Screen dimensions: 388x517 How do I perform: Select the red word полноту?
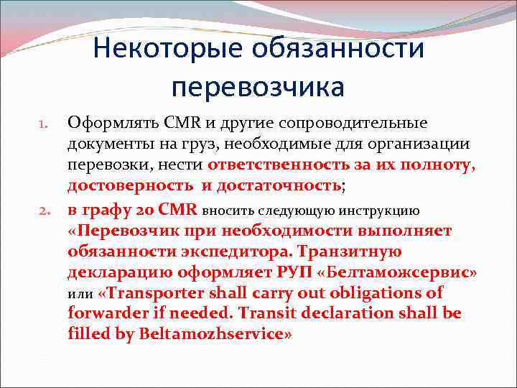click(x=437, y=165)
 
